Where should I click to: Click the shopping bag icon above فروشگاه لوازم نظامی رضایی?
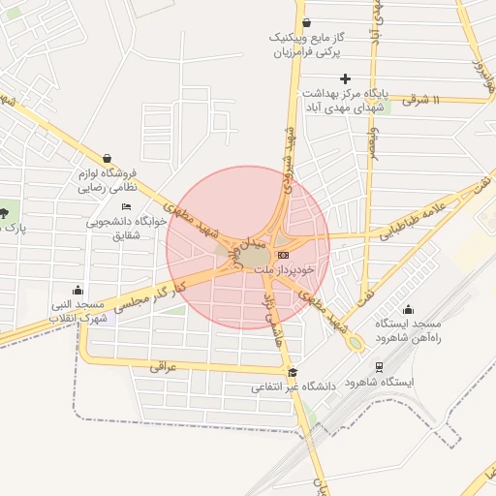coord(107,158)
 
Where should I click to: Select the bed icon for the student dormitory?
coord(126,206)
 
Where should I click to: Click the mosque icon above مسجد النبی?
coord(78,290)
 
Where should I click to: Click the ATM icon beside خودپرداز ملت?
coord(282,254)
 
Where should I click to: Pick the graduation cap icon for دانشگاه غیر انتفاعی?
coord(293,372)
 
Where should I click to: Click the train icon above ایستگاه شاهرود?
coord(379,367)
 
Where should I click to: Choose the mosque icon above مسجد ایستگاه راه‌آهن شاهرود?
coord(408,310)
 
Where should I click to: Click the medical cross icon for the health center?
coord(345,78)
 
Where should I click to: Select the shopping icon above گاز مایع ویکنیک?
coord(306,22)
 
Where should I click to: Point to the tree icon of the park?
coord(6,212)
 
